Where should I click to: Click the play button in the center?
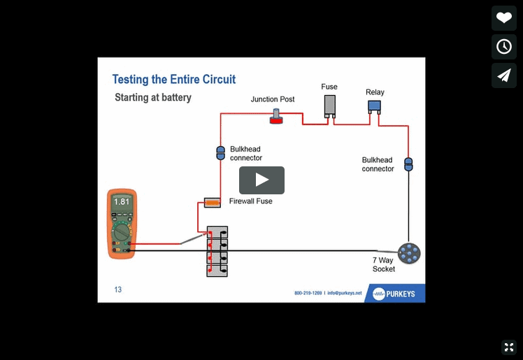[x=261, y=180]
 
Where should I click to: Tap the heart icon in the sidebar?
[x=503, y=18]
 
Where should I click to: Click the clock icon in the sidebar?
[x=503, y=47]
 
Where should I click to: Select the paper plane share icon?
[x=503, y=75]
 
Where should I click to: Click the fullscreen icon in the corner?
[x=508, y=347]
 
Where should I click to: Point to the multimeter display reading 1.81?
[x=122, y=202]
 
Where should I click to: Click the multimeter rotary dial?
[x=122, y=231]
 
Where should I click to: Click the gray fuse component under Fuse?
[x=329, y=106]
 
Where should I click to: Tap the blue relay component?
[x=375, y=106]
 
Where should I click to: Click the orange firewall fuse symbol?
[x=212, y=203]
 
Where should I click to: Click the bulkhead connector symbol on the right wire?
[x=409, y=164]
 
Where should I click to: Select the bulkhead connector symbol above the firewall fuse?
[x=220, y=153]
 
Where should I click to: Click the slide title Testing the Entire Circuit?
[x=174, y=80]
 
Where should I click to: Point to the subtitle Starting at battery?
[x=152, y=98]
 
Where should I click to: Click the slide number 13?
[x=117, y=289]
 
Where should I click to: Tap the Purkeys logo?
[x=394, y=294]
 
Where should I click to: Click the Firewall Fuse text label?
[x=250, y=201]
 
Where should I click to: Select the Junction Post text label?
[x=273, y=99]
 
